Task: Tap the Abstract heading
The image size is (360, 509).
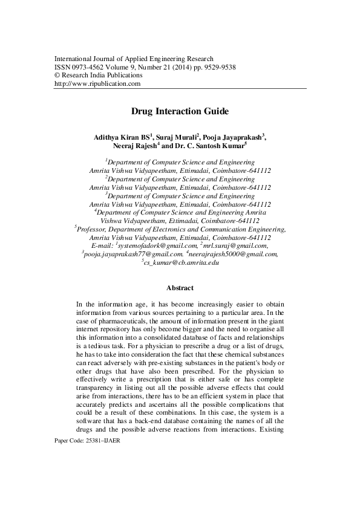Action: click(180, 288)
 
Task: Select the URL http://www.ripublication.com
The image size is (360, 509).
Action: click(97, 83)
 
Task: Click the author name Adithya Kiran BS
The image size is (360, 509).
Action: click(120, 137)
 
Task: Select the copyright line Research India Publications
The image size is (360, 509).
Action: click(102, 76)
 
